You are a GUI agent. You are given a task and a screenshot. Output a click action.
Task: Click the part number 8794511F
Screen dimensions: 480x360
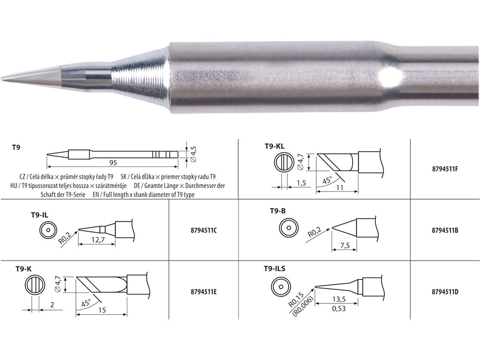click(x=445, y=168)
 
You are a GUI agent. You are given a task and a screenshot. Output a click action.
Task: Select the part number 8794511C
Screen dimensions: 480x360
click(x=204, y=230)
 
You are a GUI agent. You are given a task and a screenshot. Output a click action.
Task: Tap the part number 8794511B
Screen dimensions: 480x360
click(x=445, y=230)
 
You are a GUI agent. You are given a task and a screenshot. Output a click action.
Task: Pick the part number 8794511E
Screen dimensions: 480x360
click(x=204, y=292)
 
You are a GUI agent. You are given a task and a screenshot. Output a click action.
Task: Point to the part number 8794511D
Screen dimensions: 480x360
click(x=445, y=292)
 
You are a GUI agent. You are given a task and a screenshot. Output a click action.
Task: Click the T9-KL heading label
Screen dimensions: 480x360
click(x=275, y=146)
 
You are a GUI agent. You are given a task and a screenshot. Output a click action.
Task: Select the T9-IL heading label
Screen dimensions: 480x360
click(x=39, y=215)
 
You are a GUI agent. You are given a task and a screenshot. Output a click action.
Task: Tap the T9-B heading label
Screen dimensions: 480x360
click(x=277, y=211)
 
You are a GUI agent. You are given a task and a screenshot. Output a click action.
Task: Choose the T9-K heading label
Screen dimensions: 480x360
click(x=24, y=269)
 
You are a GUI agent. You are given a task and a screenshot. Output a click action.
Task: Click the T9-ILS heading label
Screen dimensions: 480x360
click(x=274, y=269)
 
